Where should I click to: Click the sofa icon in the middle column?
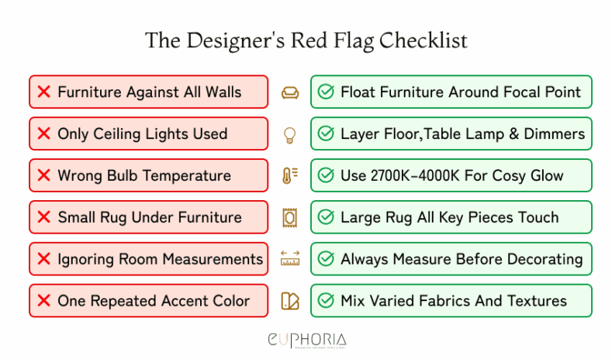click(x=289, y=92)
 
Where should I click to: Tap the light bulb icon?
click(x=289, y=134)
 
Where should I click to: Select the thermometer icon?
click(x=289, y=176)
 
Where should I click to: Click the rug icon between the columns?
click(x=289, y=217)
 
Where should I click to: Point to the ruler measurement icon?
click(x=289, y=259)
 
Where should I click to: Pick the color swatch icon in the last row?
click(x=289, y=301)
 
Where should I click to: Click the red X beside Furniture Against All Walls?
click(x=43, y=92)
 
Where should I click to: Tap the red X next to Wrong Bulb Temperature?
click(x=43, y=176)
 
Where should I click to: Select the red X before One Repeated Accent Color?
click(x=43, y=301)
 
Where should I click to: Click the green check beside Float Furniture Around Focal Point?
click(x=327, y=92)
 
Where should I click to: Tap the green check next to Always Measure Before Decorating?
click(x=327, y=259)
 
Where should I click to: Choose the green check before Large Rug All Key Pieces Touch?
click(x=327, y=217)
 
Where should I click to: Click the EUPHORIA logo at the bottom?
click(x=306, y=340)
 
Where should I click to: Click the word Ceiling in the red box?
click(x=127, y=134)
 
